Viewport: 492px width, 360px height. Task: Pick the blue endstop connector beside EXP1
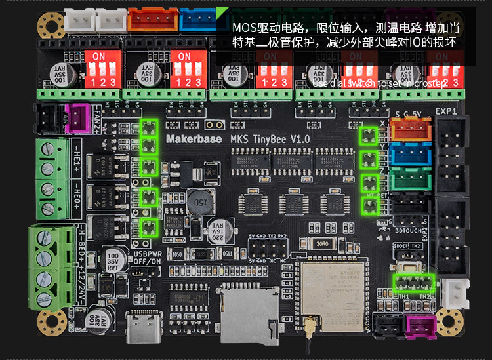[x=411, y=155]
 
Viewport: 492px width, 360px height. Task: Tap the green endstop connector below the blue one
[x=411, y=179]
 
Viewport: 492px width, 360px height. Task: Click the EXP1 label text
[x=446, y=111]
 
